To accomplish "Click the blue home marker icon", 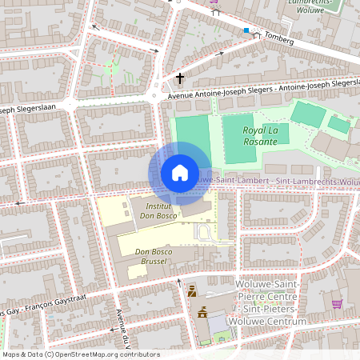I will coord(180,173).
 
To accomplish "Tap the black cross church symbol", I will coord(180,78).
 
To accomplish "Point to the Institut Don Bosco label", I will coord(158,210).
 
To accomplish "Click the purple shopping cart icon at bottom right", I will coord(337,304).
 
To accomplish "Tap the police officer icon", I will coord(191,293).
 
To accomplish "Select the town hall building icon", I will coord(202,313).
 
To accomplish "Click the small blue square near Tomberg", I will coord(247,31).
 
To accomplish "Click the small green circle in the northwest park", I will coord(112,69).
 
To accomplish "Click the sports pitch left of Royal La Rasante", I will coord(192,136).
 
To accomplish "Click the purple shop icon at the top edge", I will coord(214,2).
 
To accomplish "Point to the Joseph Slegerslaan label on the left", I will coord(28,109).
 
